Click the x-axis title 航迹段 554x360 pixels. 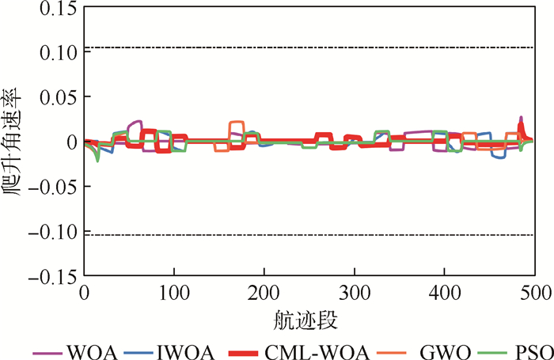click(x=309, y=320)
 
